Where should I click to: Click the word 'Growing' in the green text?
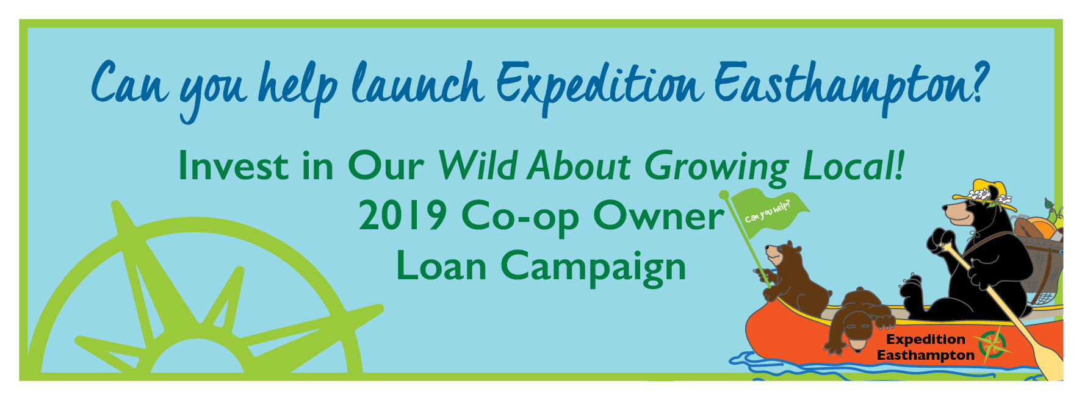[716, 168]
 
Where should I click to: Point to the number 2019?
[403, 216]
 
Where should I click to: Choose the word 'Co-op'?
[521, 218]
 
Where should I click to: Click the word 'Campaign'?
[593, 268]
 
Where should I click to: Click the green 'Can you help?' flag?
[768, 210]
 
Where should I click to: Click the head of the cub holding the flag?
[784, 254]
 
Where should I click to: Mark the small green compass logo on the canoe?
[992, 345]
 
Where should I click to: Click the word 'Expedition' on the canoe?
[925, 340]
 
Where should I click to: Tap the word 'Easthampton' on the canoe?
[925, 355]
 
